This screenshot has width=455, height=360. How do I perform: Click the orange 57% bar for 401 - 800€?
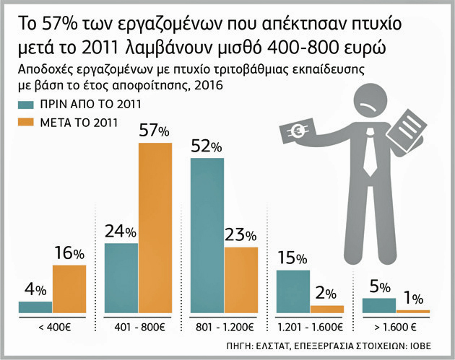(x=155, y=227)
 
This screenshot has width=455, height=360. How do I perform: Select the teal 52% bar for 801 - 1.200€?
(x=207, y=235)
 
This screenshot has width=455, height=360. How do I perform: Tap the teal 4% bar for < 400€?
(x=35, y=307)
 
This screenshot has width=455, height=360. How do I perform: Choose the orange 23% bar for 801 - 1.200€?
(x=240, y=280)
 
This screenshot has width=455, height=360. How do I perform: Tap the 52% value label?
(x=206, y=146)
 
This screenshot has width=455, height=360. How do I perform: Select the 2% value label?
(x=326, y=293)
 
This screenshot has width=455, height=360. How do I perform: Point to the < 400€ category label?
(x=53, y=326)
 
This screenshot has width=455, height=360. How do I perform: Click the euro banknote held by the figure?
(x=295, y=132)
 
